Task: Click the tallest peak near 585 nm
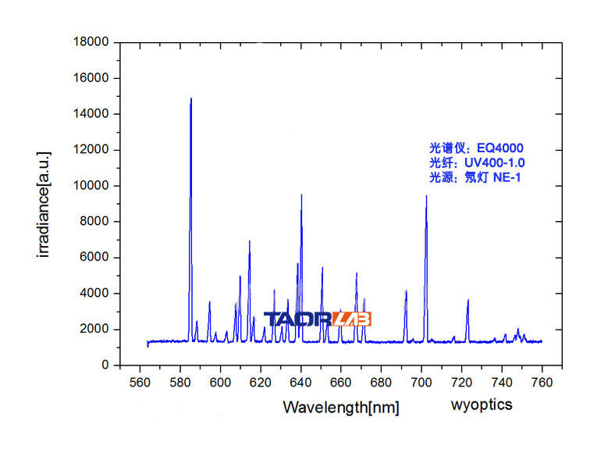(190, 99)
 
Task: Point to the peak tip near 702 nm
(426, 196)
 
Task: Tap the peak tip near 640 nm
(301, 195)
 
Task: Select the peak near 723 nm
(467, 301)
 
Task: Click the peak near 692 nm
(406, 291)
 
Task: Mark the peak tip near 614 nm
(249, 241)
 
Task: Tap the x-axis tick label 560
(140, 382)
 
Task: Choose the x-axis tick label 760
(542, 382)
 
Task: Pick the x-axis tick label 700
(421, 382)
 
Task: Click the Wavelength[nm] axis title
(341, 407)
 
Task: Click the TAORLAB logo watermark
(318, 319)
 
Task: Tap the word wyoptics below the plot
(482, 404)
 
